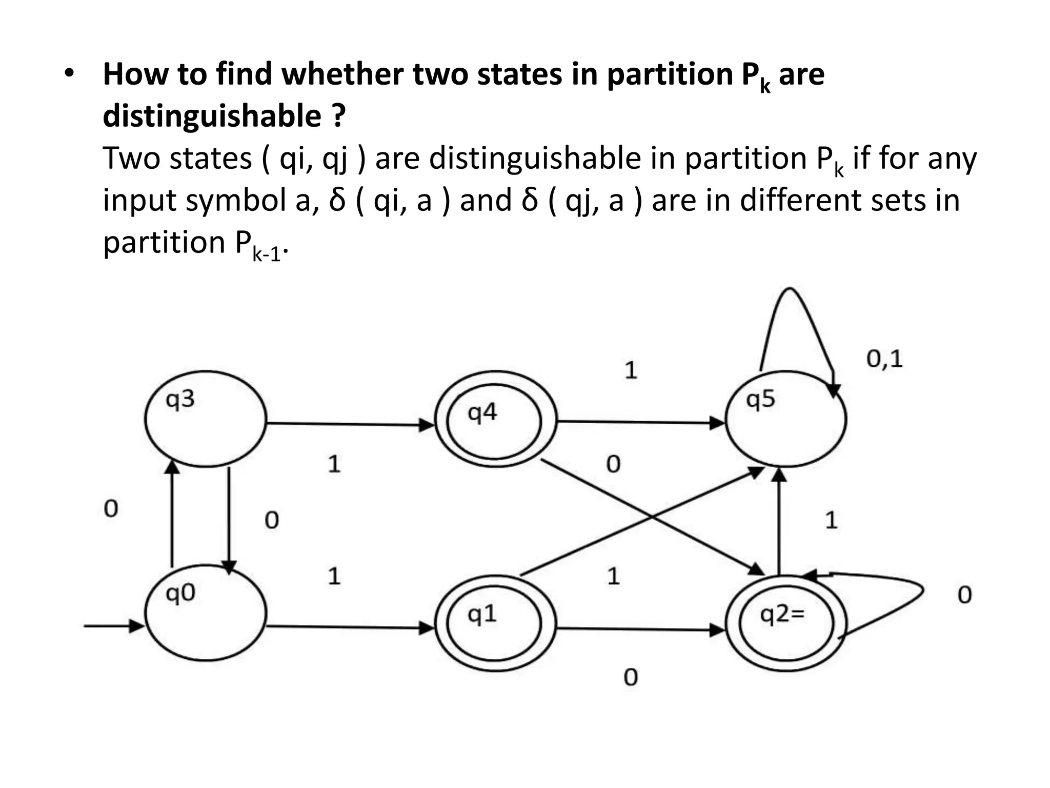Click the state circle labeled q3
(205, 419)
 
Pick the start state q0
(205, 613)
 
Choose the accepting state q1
(495, 623)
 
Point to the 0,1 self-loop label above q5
(884, 359)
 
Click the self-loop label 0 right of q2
(964, 595)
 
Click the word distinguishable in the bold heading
(212, 116)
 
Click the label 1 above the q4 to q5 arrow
(631, 370)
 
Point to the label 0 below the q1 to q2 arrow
(631, 677)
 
